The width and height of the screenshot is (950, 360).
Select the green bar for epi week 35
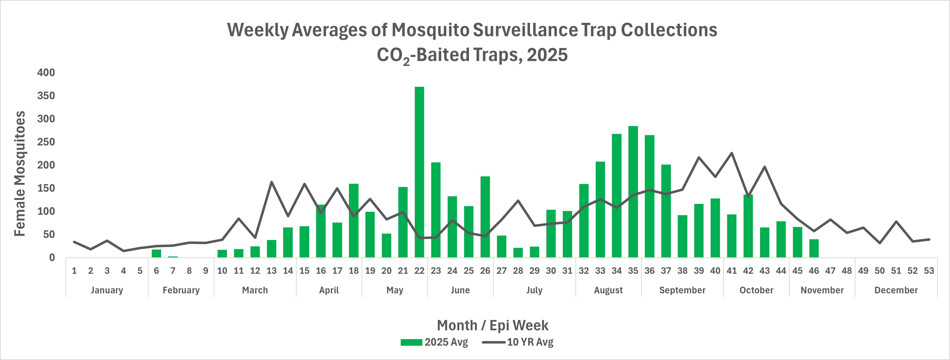(633, 192)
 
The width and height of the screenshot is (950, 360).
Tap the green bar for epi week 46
(814, 248)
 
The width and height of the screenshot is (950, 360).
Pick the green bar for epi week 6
(156, 253)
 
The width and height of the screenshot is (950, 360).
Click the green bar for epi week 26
(485, 217)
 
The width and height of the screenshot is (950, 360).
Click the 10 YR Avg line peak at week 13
(271, 182)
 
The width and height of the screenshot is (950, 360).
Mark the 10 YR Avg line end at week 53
(929, 239)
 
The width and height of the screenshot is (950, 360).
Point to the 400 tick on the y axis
(46, 73)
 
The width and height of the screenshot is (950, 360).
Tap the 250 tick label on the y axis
(46, 142)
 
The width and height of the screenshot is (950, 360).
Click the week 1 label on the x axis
(74, 271)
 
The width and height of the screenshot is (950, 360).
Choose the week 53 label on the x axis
(929, 271)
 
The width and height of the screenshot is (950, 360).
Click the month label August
(608, 290)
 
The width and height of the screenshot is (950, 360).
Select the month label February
(181, 290)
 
